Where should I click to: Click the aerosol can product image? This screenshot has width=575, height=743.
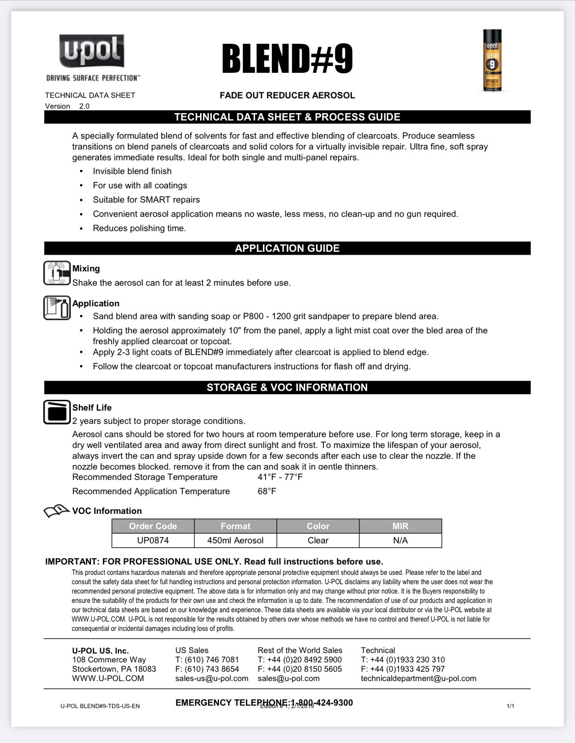coord(492,60)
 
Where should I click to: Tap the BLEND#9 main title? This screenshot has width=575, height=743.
coord(287,59)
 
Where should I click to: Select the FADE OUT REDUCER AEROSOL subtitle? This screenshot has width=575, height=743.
coord(287,95)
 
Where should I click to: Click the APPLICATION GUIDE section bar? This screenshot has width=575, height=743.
coord(287,248)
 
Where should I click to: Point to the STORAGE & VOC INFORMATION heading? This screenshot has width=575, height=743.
coord(287,387)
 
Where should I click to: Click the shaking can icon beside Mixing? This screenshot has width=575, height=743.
coord(57,273)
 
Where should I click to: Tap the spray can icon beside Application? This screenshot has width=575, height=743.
coord(57,308)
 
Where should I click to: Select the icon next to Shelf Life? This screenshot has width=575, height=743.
coord(57,412)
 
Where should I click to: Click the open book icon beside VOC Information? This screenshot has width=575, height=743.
coord(57,511)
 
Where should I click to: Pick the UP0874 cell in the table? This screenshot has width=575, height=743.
coord(153,540)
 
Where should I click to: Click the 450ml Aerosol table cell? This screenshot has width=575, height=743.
coord(235,540)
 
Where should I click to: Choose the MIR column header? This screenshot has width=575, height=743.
coord(400,526)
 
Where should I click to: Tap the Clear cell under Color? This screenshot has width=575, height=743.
coord(318,540)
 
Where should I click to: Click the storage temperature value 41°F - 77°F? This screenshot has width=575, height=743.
coord(280,477)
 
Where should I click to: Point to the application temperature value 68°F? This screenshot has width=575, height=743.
coord(267,491)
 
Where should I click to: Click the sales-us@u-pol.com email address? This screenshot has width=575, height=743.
coord(212,679)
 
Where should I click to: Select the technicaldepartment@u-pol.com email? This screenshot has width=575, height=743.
coord(418,679)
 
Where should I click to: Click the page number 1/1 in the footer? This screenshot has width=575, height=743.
coord(510,706)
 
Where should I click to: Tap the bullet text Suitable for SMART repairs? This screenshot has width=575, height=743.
coord(146,200)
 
